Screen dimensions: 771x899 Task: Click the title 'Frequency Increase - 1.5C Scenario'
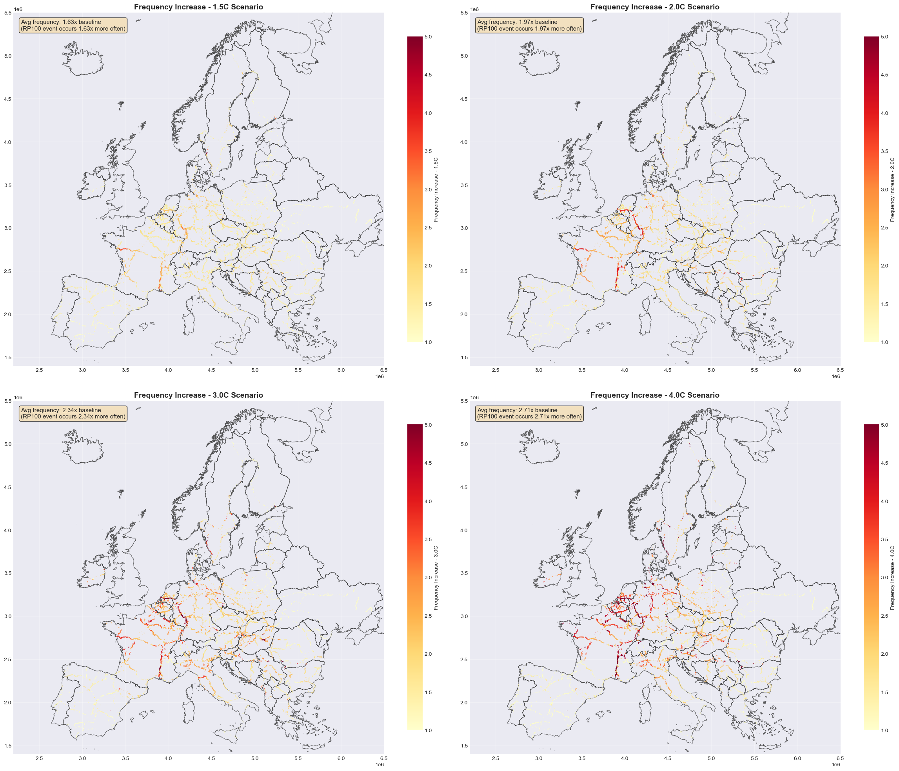(198, 7)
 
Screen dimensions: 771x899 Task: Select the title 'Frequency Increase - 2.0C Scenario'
(655, 7)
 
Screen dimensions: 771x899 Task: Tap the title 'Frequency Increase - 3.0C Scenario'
(198, 395)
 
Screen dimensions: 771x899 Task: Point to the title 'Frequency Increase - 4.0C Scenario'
(655, 395)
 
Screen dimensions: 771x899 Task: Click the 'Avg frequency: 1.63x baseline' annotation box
(73, 25)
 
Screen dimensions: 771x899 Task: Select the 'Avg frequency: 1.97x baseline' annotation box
(529, 25)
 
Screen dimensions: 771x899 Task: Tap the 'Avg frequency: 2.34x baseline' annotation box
(73, 413)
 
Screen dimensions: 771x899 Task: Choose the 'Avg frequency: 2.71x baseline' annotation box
(529, 413)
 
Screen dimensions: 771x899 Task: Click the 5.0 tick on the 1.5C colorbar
(428, 37)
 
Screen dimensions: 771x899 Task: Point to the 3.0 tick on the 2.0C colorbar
(884, 189)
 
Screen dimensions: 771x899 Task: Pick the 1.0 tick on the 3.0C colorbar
(428, 730)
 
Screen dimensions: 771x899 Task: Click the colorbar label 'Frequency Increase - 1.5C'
(436, 189)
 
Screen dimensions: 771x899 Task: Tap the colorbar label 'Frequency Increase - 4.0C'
(892, 578)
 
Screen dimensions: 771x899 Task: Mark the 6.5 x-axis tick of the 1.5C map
(384, 370)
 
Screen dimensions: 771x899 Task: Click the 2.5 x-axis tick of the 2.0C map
(496, 370)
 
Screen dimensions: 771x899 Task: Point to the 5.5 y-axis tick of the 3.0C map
(7, 401)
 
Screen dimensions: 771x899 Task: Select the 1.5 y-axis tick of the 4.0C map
(464, 746)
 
